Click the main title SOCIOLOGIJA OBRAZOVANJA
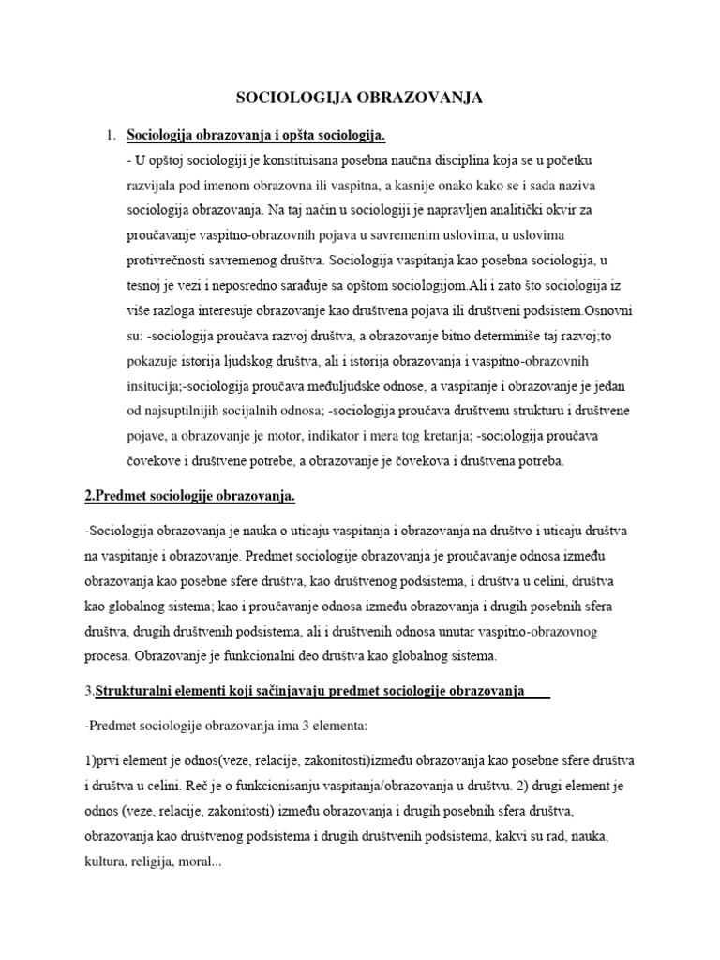tap(360, 97)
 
